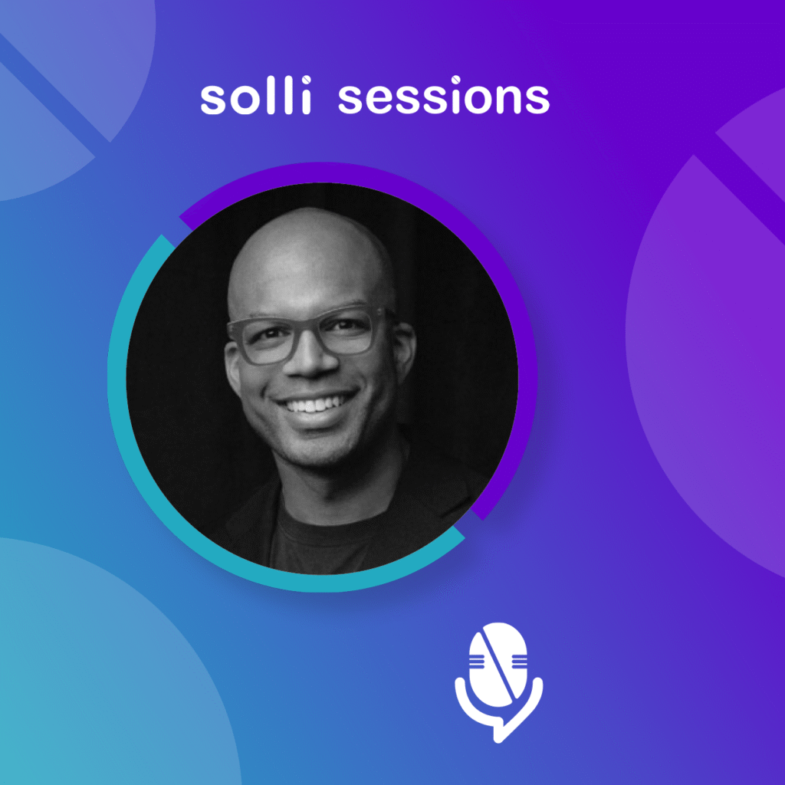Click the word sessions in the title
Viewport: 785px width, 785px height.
[x=444, y=98]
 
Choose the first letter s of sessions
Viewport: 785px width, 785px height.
[x=350, y=100]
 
